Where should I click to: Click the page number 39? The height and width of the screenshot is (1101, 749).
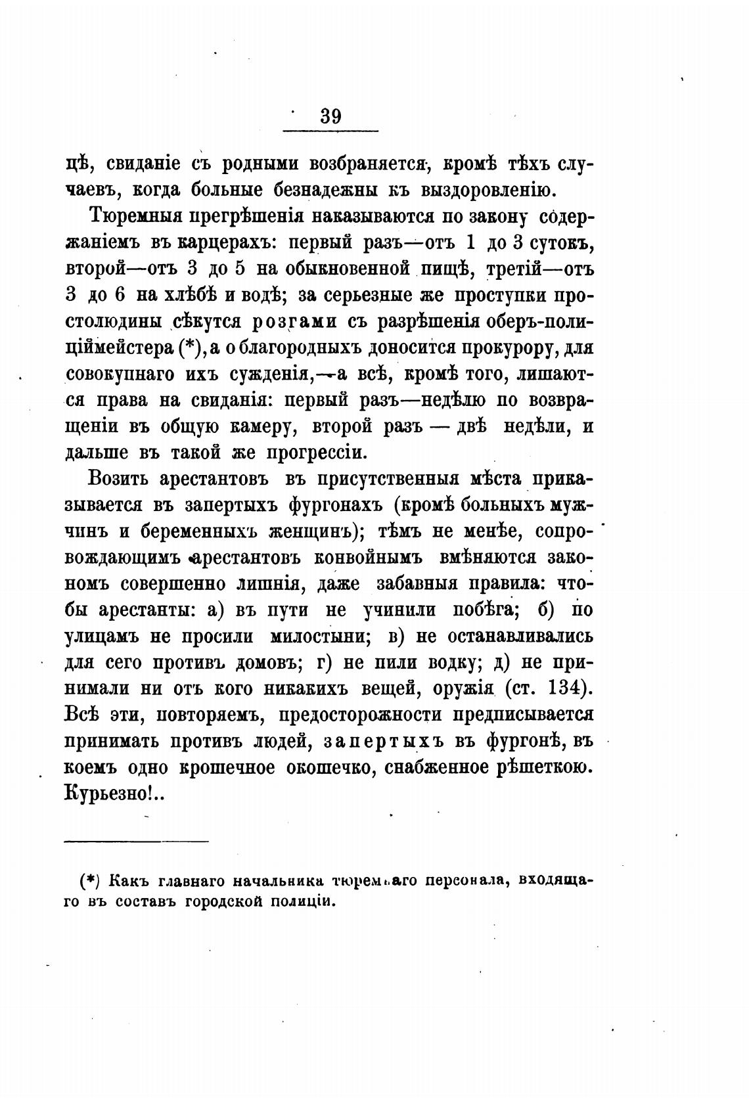[x=330, y=116]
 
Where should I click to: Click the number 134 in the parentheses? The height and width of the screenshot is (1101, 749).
[x=560, y=689]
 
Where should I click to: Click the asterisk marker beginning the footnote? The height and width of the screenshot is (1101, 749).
[x=89, y=880]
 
